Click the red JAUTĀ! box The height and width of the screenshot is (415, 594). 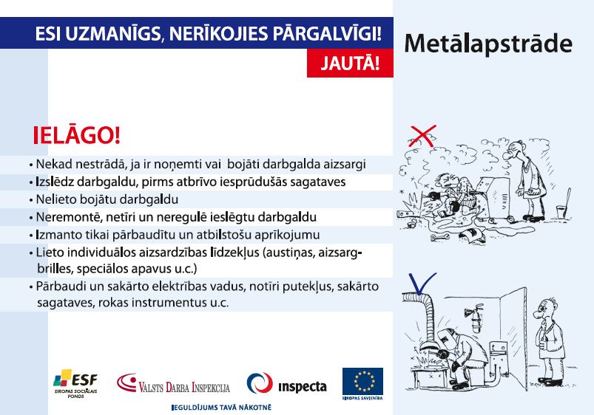click(x=350, y=63)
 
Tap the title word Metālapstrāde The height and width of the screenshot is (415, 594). click(x=488, y=44)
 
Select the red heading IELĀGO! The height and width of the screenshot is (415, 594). click(x=77, y=136)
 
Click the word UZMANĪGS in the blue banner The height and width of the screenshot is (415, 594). click(x=113, y=34)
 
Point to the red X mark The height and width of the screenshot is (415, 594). click(x=423, y=136)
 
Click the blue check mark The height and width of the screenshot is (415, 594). click(x=422, y=284)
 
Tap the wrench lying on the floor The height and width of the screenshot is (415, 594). click(x=440, y=237)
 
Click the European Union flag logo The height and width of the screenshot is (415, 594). click(x=362, y=381)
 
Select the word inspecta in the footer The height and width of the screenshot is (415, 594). click(x=303, y=387)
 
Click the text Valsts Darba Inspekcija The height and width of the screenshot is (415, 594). click(x=184, y=388)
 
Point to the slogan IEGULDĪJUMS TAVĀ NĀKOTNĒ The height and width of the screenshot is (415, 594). click(x=222, y=408)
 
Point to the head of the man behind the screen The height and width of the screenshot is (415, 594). click(x=544, y=309)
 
